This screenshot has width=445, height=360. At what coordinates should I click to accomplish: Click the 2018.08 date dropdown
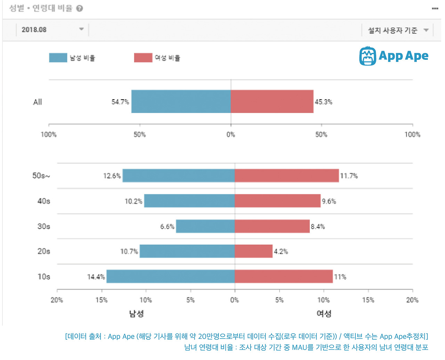tap(52, 30)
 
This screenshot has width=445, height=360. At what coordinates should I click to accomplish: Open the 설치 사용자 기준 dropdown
tap(398, 31)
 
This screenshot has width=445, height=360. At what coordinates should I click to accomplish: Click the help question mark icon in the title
tap(80, 8)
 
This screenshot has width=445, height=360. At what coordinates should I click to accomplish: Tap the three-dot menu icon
tap(435, 8)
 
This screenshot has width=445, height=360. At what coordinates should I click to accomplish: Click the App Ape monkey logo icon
tap(367, 56)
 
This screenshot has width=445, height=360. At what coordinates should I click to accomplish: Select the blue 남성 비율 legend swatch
tap(58, 58)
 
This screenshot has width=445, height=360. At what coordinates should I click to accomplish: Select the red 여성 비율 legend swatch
tap(143, 58)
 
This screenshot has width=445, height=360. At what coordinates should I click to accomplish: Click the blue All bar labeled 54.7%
tap(181, 101)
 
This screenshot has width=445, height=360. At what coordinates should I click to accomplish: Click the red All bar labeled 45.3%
tap(272, 101)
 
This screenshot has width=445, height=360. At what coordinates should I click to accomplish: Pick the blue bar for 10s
tap(170, 276)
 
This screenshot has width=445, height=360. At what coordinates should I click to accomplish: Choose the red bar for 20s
tap(253, 251)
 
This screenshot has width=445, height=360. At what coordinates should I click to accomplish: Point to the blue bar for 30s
tap(205, 226)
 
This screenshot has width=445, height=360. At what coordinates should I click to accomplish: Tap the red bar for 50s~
tap(286, 175)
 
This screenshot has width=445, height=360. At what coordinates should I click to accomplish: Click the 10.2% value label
tap(133, 201)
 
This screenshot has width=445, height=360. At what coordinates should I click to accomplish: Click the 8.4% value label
tap(318, 227)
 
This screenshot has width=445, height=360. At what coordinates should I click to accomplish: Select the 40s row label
tap(44, 201)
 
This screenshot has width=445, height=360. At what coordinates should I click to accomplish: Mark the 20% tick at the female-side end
tap(412, 300)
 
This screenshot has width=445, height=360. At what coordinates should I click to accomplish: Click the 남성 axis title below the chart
tap(136, 313)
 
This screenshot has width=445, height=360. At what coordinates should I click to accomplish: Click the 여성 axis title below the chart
tap(324, 313)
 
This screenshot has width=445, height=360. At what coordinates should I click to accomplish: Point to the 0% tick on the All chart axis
tap(231, 134)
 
